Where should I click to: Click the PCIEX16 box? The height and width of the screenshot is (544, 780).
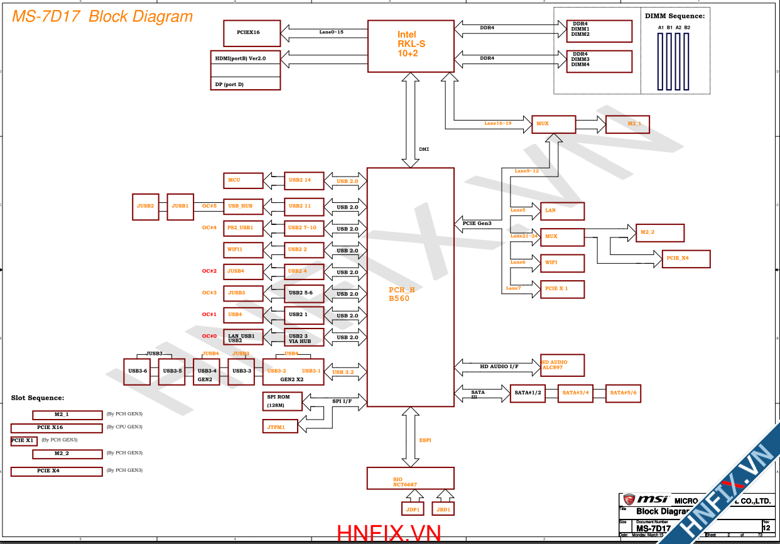coord(251,33)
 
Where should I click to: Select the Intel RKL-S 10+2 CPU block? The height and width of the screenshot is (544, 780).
coord(410,46)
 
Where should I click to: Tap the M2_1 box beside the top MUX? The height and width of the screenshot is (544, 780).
coord(627,124)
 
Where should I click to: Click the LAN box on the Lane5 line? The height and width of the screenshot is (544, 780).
coord(562,211)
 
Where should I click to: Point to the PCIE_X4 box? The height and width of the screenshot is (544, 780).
coord(686,259)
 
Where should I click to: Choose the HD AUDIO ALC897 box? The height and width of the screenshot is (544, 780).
coord(562,365)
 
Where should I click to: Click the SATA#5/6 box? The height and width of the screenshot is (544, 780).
coord(624,393)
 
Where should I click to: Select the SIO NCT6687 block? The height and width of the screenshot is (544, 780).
coord(410,478)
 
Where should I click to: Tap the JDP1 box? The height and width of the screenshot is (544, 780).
coord(412,508)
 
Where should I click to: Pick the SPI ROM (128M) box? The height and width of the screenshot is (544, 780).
coord(282,401)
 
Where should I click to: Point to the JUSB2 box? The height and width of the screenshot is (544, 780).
coord(145,207)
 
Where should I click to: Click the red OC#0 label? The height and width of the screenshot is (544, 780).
coord(209,336)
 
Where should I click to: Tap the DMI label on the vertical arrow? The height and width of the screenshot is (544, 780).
coord(424,150)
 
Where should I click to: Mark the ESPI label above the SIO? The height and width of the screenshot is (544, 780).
coord(425,440)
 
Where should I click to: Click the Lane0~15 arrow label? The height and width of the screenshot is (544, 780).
coord(331,32)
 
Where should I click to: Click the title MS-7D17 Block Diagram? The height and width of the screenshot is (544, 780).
coord(102,16)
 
